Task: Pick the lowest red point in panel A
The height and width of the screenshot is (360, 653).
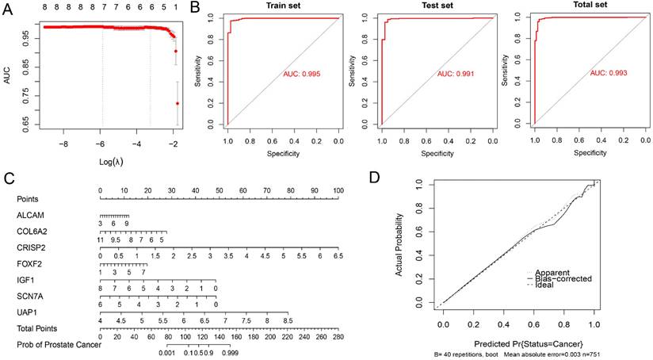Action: (x=178, y=103)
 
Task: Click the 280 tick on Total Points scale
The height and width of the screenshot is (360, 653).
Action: (x=340, y=336)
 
